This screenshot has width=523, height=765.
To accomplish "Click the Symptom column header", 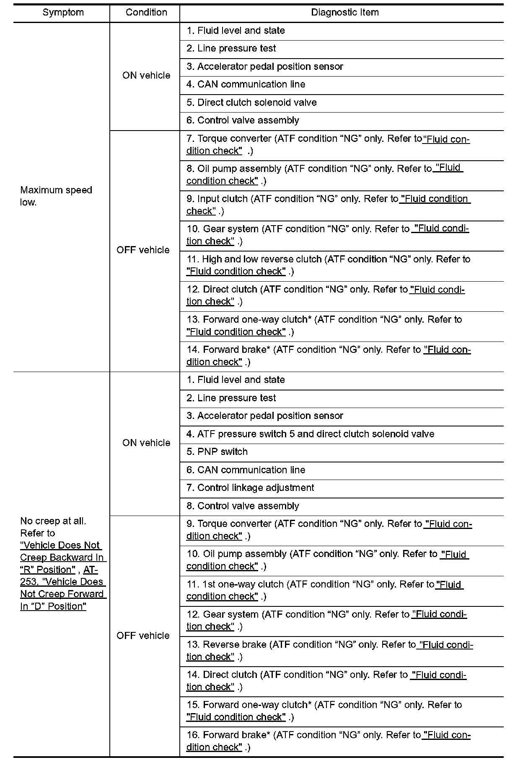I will [x=63, y=13].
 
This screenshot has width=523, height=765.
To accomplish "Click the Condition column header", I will [x=146, y=13].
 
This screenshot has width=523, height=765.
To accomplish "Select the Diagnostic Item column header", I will [x=344, y=13].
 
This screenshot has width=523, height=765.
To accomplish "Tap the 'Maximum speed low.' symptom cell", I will [x=56, y=196].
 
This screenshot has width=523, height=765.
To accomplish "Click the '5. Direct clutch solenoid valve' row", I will [x=251, y=103].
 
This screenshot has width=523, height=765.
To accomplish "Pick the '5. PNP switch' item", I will [x=217, y=452].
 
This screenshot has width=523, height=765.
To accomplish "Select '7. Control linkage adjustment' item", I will [x=250, y=488].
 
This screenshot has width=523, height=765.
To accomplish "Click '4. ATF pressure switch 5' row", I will [x=310, y=434].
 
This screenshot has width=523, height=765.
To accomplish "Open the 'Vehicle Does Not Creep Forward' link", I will [x=63, y=594].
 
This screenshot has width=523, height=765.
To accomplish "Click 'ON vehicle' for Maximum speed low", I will [x=146, y=76].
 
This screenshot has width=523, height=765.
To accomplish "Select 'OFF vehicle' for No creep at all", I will [x=143, y=636].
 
